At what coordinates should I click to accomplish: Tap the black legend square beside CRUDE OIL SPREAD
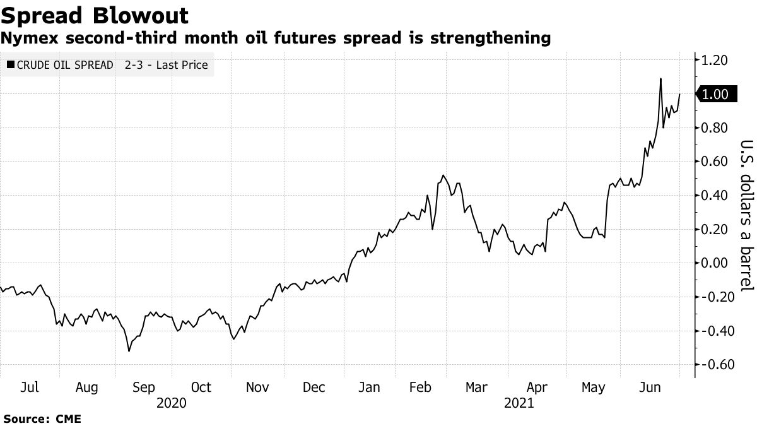click(10, 65)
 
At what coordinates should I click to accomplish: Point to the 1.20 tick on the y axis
click(715, 61)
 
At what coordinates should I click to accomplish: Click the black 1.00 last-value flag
click(713, 95)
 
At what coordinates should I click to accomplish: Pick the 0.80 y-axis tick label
click(715, 128)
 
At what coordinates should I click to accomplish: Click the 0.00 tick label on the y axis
click(715, 263)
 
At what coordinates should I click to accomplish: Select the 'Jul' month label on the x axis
click(30, 387)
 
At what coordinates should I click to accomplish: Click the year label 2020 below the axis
click(171, 403)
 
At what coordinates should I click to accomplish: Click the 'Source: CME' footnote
click(42, 418)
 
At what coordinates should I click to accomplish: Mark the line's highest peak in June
click(660, 79)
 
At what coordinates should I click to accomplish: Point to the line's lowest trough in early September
click(129, 351)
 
